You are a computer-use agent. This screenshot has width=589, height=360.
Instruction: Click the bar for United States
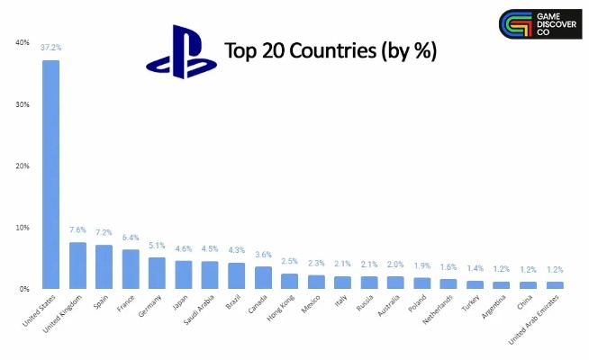[x=51, y=175]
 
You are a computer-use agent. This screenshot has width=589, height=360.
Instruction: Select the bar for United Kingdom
[x=78, y=265]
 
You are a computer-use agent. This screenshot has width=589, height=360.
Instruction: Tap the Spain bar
[x=104, y=266]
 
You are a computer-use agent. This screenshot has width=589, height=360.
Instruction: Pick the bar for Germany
[x=157, y=273]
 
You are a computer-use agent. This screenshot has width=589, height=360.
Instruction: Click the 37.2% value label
[x=51, y=47]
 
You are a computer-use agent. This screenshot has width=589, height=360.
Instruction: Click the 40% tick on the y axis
[x=22, y=42]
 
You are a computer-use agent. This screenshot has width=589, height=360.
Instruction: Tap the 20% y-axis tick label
[x=22, y=166]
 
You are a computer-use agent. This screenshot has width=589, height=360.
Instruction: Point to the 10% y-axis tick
[x=22, y=227]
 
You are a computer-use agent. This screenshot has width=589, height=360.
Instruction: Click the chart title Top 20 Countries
[x=330, y=50]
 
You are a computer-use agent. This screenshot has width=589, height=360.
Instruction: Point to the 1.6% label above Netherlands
[x=448, y=267]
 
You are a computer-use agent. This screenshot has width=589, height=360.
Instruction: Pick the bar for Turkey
[x=475, y=284]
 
